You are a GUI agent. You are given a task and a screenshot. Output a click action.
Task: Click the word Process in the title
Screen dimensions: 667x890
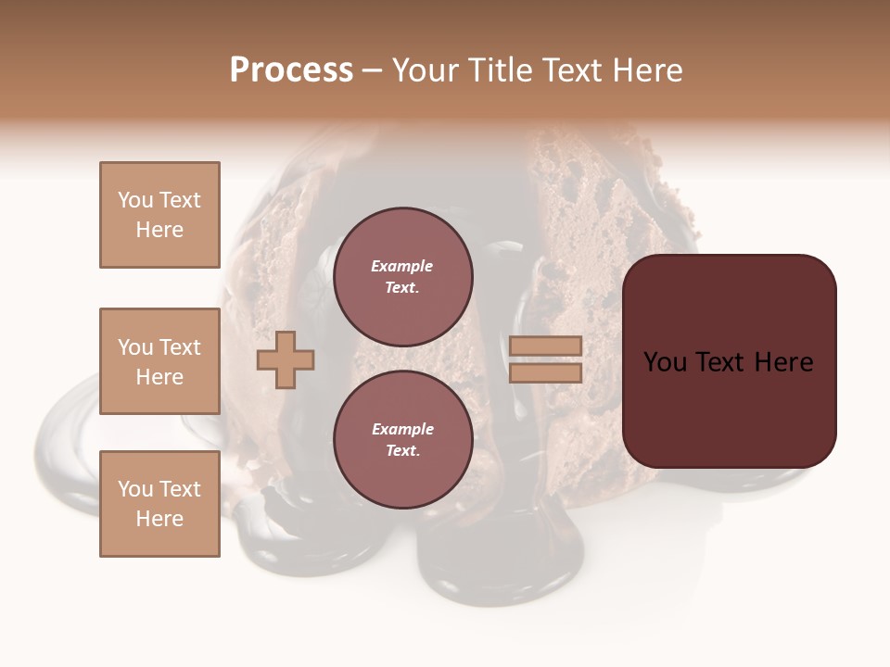coord(291,70)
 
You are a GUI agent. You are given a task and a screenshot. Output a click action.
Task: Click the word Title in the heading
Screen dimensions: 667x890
coord(501,70)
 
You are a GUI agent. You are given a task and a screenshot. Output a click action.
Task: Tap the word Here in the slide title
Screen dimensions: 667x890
coord(646,70)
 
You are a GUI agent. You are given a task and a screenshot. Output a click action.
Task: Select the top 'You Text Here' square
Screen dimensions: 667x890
coord(159,215)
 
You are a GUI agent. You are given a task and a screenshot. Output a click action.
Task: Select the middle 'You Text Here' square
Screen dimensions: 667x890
coord(159,361)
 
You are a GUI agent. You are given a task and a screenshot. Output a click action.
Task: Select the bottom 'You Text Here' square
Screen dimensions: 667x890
coord(159,504)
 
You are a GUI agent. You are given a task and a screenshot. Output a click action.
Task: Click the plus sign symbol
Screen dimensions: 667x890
coord(286,360)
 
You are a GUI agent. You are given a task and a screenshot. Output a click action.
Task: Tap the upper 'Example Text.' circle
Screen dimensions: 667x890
coord(402,276)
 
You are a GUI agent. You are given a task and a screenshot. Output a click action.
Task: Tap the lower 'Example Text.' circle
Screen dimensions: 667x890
coord(402,439)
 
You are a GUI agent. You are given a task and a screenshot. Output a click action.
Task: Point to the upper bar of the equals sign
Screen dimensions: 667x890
coord(545,346)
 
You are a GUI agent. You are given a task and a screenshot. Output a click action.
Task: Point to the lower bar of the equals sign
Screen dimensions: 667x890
coord(545,373)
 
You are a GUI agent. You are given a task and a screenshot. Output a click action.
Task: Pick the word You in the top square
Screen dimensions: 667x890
coord(135,200)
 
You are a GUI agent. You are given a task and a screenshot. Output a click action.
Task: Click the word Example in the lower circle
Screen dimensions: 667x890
coord(402,429)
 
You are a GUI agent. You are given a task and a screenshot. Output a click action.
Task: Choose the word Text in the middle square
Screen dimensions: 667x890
coord(179,347)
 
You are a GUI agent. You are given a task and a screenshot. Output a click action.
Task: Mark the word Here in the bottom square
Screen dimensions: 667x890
coord(159,519)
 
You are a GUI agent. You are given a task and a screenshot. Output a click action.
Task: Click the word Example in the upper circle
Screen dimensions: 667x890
coord(402,266)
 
